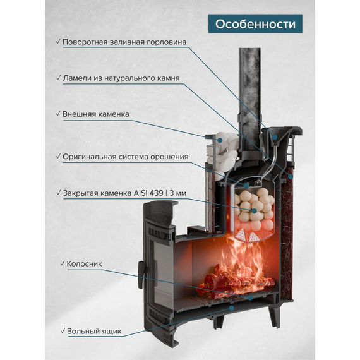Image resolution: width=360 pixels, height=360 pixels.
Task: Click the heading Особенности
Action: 255,24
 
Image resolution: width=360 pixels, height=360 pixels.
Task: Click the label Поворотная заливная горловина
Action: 124,42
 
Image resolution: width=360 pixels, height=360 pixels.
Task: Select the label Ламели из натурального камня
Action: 121,78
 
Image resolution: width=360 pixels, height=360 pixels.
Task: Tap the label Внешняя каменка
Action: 96,114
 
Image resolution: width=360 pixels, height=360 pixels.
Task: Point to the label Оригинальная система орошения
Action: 126,157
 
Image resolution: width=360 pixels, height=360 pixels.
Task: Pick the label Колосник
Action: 84,264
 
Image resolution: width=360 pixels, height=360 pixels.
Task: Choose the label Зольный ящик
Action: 94,332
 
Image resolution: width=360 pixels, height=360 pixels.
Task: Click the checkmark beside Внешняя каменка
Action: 58,114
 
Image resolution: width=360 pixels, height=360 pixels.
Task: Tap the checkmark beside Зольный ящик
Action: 63,331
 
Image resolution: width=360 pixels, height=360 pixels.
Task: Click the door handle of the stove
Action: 141,275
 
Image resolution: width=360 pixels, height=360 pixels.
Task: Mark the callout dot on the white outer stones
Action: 220,140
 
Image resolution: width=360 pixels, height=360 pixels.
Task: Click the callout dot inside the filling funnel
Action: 275,137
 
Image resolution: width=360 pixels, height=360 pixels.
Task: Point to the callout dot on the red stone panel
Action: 291,177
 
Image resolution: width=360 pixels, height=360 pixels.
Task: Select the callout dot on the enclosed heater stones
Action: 254,211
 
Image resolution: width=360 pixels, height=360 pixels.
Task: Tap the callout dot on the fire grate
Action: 250,297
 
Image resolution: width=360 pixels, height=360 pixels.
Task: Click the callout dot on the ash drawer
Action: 232,308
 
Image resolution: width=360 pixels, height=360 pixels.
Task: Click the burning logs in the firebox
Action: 236,280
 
